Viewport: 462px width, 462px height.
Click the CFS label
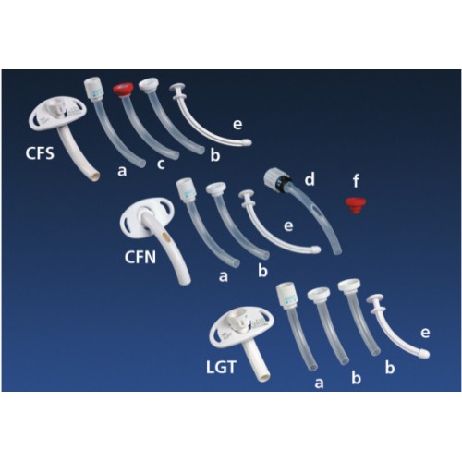click(x=40, y=153)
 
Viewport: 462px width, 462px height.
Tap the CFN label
click(x=140, y=257)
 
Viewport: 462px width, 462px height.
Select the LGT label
click(x=221, y=367)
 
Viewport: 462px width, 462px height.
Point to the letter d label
click(x=310, y=178)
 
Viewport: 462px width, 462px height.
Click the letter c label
click(x=161, y=164)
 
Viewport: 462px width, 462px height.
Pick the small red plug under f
click(x=356, y=206)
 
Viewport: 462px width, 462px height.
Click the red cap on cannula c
click(x=123, y=90)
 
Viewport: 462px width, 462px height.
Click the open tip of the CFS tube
click(x=95, y=176)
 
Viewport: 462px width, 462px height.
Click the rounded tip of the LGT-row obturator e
click(x=425, y=354)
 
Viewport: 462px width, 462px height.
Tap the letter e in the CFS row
click(x=237, y=124)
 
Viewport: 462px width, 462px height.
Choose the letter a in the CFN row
click(x=224, y=276)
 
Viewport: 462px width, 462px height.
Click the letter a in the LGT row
click(x=319, y=383)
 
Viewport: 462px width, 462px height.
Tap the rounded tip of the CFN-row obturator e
click(x=316, y=249)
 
